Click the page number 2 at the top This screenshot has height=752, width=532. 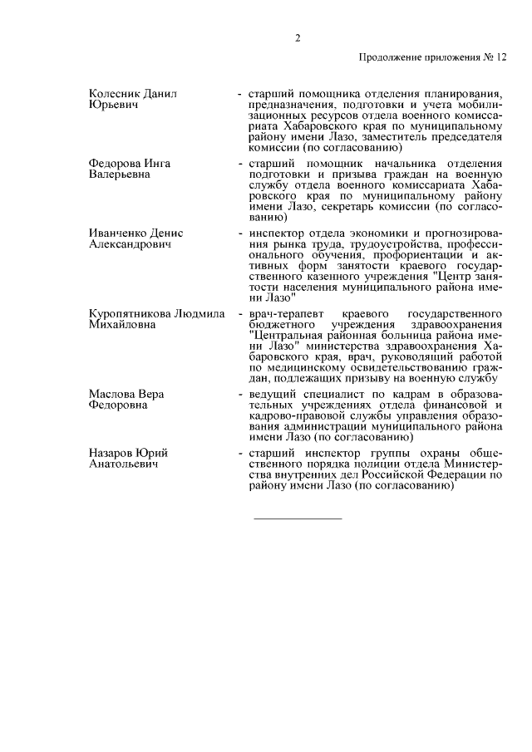coord(297,37)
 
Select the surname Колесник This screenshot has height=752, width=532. coord(115,94)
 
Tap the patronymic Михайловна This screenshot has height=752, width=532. coord(122,325)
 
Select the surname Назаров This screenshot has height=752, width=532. coord(112,453)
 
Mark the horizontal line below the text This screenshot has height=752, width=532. coord(297,519)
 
